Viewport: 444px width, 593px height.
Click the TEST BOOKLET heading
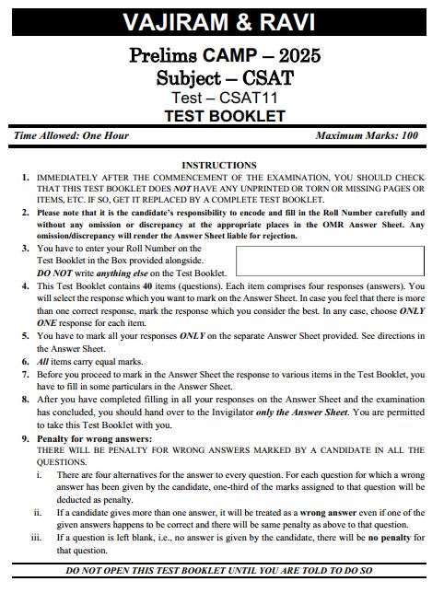pos(221,116)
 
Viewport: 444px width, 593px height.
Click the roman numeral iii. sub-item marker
pos(38,536)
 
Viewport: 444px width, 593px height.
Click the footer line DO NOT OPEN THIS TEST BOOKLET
pos(221,571)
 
